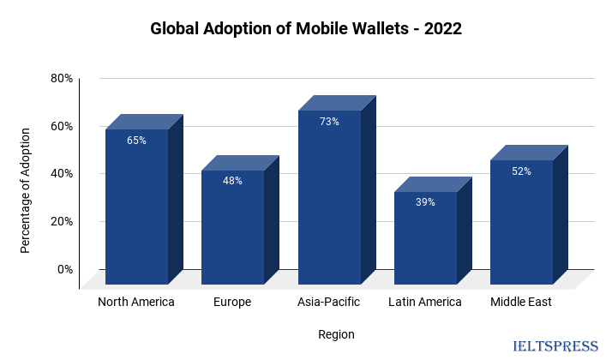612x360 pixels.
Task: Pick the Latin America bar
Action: pos(425,240)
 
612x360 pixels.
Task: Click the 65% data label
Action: pos(136,141)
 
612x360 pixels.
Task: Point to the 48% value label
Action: pos(232,181)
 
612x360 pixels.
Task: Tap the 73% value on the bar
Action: pos(329,122)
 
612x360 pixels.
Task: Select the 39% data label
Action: pos(425,202)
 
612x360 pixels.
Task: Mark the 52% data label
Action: pos(521,171)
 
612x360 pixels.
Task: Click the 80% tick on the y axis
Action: pos(62,78)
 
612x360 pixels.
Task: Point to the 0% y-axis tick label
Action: pos(65,269)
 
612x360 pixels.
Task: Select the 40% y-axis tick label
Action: pos(62,173)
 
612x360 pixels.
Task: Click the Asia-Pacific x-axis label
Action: pos(329,302)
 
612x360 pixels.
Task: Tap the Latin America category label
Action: pos(425,302)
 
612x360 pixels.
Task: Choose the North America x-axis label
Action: pos(136,302)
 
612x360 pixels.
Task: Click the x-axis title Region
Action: pos(336,334)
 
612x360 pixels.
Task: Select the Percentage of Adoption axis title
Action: pos(26,190)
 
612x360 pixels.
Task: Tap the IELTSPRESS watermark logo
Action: pos(555,346)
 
